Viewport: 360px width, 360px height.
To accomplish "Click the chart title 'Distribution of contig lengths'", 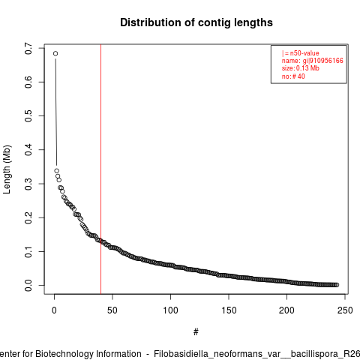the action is [196, 22].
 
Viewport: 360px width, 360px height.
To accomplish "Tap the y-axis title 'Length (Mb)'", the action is [7, 169].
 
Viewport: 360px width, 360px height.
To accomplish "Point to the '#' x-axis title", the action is [196, 332].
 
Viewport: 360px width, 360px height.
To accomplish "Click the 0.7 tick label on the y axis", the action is [28, 48].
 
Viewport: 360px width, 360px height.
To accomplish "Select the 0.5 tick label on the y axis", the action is [28, 115].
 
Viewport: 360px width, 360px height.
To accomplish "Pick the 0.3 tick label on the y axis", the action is [28, 184].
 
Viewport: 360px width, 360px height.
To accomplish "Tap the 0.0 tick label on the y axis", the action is [28, 285].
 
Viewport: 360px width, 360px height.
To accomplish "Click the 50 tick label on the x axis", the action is [112, 310].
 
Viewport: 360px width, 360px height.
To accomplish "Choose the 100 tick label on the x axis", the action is [170, 310].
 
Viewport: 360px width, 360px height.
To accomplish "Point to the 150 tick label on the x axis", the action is [229, 310].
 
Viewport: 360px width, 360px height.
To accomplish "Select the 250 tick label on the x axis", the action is [345, 310].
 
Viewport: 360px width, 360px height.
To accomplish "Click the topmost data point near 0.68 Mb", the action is [55, 53].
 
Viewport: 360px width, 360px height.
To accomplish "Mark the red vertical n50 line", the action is [100, 169].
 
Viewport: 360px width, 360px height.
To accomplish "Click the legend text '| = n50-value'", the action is [301, 53].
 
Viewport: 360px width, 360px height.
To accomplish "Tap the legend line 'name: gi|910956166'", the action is [313, 61].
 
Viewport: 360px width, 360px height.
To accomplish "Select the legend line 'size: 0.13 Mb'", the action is [301, 68].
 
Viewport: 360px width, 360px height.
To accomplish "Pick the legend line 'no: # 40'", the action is [293, 76].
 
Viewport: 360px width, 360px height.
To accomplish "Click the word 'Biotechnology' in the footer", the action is [64, 354].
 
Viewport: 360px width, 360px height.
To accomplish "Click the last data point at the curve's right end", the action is [337, 285].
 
